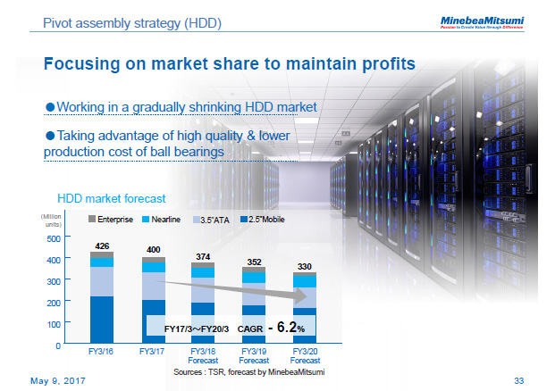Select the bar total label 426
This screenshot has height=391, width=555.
[102, 245]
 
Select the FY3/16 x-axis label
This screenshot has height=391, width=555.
[101, 353]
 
